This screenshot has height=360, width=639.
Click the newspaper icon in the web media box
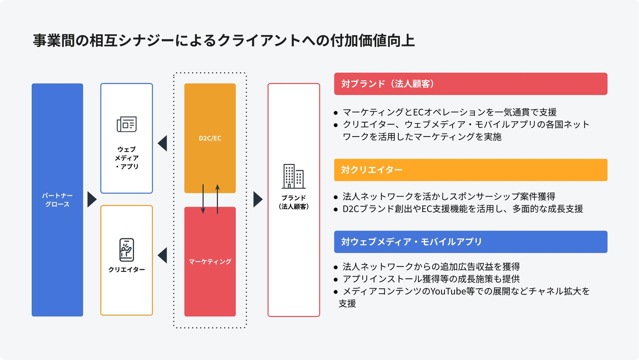[127, 124]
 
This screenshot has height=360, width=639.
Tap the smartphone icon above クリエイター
[127, 250]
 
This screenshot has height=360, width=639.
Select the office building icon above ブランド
[294, 176]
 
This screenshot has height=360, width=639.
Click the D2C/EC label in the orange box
[210, 138]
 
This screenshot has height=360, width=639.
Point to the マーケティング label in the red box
[210, 262]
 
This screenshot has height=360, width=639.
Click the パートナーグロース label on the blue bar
[57, 200]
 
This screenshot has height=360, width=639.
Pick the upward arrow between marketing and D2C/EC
[218, 199]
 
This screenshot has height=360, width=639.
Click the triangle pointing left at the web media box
[163, 143]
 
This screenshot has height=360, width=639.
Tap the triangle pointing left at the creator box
[163, 255]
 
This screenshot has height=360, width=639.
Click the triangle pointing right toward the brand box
[257, 199]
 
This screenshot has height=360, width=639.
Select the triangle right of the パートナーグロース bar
[92, 199]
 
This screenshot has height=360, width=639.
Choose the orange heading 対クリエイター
[372, 170]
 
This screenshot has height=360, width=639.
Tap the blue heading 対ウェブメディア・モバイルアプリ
[411, 242]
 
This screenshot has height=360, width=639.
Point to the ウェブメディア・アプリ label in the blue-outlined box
[127, 158]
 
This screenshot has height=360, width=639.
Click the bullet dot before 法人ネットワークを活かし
[336, 197]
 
